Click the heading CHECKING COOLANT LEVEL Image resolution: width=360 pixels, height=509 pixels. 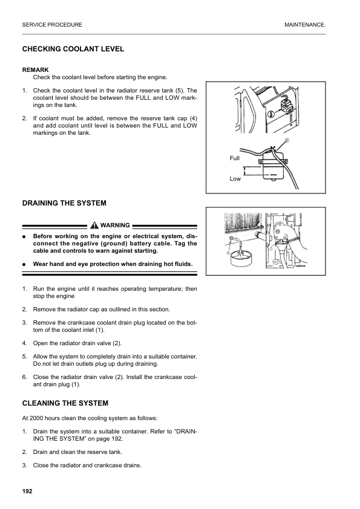73,49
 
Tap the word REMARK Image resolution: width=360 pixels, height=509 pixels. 36,70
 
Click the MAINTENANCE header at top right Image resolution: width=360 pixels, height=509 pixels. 305,25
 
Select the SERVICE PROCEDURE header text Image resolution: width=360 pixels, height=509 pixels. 52,25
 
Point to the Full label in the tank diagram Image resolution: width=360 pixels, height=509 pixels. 235,158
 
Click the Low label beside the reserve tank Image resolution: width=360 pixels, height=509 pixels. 235,178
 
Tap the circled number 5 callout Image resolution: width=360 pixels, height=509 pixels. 271,114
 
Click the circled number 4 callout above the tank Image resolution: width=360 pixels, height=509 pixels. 287,141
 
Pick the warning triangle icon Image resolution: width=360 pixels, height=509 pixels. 94,225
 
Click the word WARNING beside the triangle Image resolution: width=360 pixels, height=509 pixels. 115,225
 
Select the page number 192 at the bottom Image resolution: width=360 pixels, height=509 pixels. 27,491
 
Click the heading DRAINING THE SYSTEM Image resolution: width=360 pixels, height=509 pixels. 64,203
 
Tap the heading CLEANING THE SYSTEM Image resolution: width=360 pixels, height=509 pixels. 65,403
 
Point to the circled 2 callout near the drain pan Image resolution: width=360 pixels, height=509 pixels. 228,253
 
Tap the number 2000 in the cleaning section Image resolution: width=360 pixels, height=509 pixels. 36,418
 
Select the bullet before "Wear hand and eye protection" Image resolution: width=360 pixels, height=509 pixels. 24,264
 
